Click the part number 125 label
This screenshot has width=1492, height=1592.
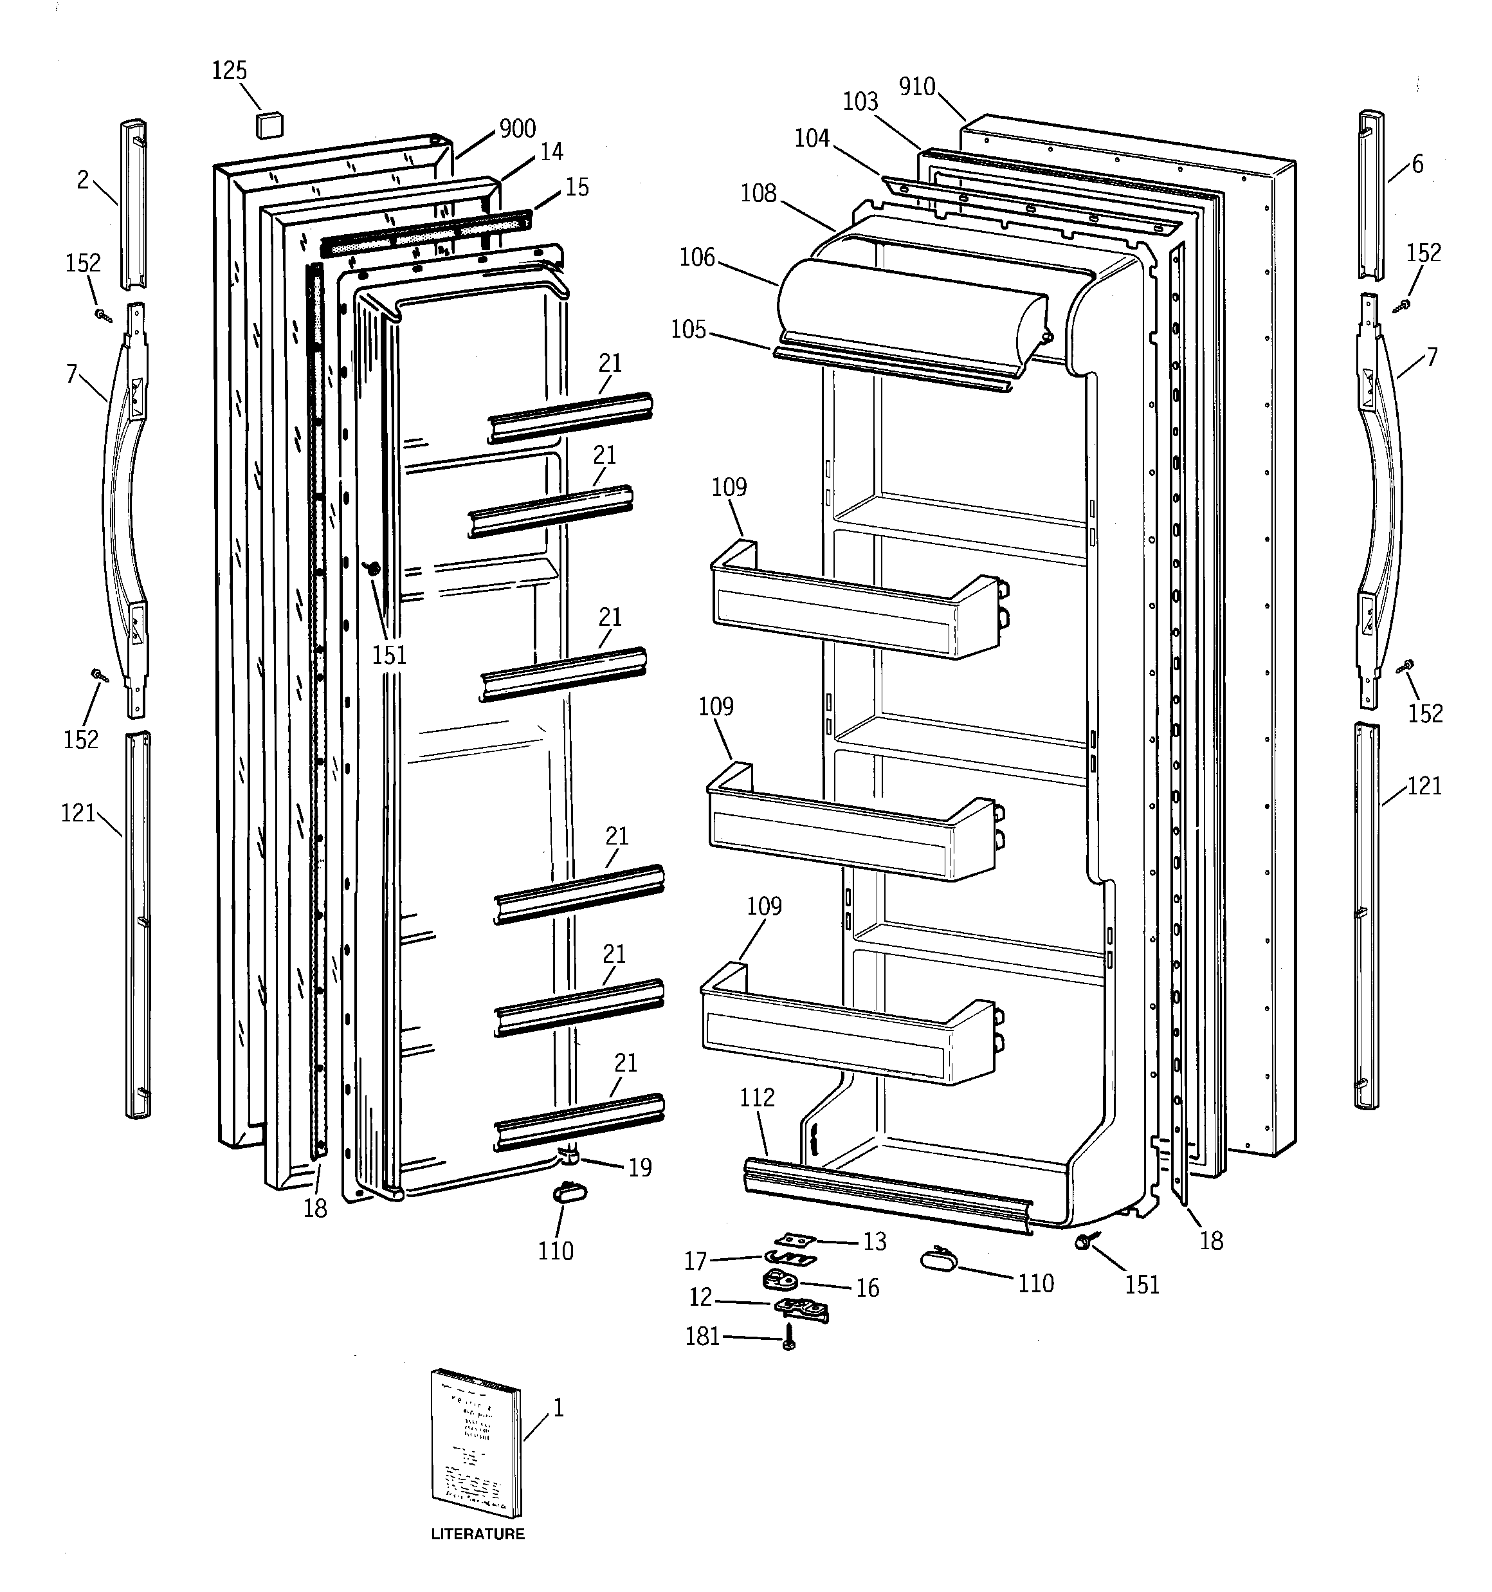(x=229, y=71)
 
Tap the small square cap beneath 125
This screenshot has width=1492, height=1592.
(x=270, y=125)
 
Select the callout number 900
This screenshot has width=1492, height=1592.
(x=517, y=129)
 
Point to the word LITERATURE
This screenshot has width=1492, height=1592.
(x=477, y=1534)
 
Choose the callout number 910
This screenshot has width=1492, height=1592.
(x=917, y=86)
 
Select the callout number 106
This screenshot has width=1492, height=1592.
(x=696, y=257)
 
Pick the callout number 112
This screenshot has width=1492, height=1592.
(x=757, y=1097)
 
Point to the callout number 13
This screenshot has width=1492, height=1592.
(x=875, y=1241)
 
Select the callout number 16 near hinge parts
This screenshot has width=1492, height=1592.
(x=868, y=1288)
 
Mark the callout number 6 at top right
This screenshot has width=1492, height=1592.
(x=1417, y=164)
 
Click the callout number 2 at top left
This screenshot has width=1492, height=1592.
(x=82, y=180)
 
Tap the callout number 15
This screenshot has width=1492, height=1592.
(x=577, y=187)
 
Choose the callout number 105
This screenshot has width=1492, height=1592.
(x=689, y=330)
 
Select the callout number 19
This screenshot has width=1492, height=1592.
(x=640, y=1167)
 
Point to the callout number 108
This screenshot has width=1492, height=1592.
(x=758, y=193)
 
